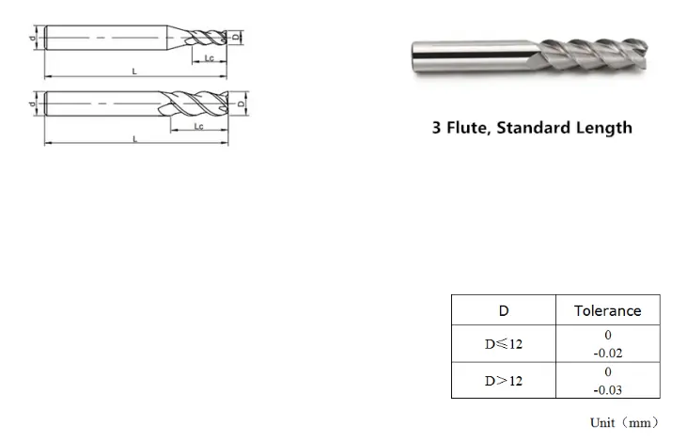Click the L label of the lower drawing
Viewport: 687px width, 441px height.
coord(135,138)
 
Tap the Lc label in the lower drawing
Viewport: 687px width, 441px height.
coord(199,125)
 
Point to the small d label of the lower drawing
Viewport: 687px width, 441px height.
coord(33,102)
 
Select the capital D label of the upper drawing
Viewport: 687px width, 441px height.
coord(236,38)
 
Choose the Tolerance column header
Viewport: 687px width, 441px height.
coord(607,310)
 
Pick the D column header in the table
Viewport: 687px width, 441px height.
coord(504,310)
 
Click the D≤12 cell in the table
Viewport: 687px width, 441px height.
coord(504,344)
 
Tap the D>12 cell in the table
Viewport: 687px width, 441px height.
coord(504,381)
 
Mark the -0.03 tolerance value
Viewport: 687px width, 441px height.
coord(608,389)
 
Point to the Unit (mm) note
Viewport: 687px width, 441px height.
coord(624,422)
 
